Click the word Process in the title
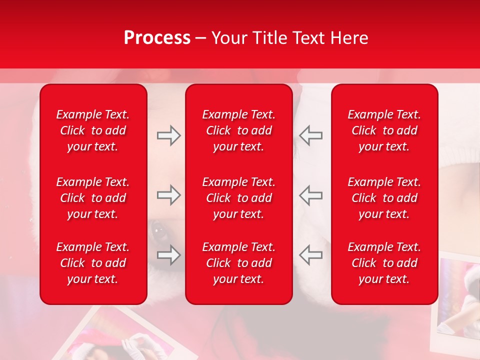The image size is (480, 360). (x=157, y=38)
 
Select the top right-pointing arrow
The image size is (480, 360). (x=168, y=135)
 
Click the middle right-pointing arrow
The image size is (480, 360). (x=168, y=195)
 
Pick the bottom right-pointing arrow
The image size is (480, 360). (x=168, y=255)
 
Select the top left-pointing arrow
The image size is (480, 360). (x=310, y=135)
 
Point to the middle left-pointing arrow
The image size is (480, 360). (x=310, y=195)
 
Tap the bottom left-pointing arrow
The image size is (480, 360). (x=310, y=255)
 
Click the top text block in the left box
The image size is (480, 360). (x=93, y=130)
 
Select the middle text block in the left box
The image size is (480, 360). (x=93, y=198)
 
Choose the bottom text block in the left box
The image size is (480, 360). (x=93, y=263)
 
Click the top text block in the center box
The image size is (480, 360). (x=239, y=130)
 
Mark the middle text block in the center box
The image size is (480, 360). (x=239, y=198)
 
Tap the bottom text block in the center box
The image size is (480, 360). (x=239, y=263)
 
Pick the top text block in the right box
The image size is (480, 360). (x=384, y=130)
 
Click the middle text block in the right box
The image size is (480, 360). (x=384, y=198)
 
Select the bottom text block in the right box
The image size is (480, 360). (x=384, y=263)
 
